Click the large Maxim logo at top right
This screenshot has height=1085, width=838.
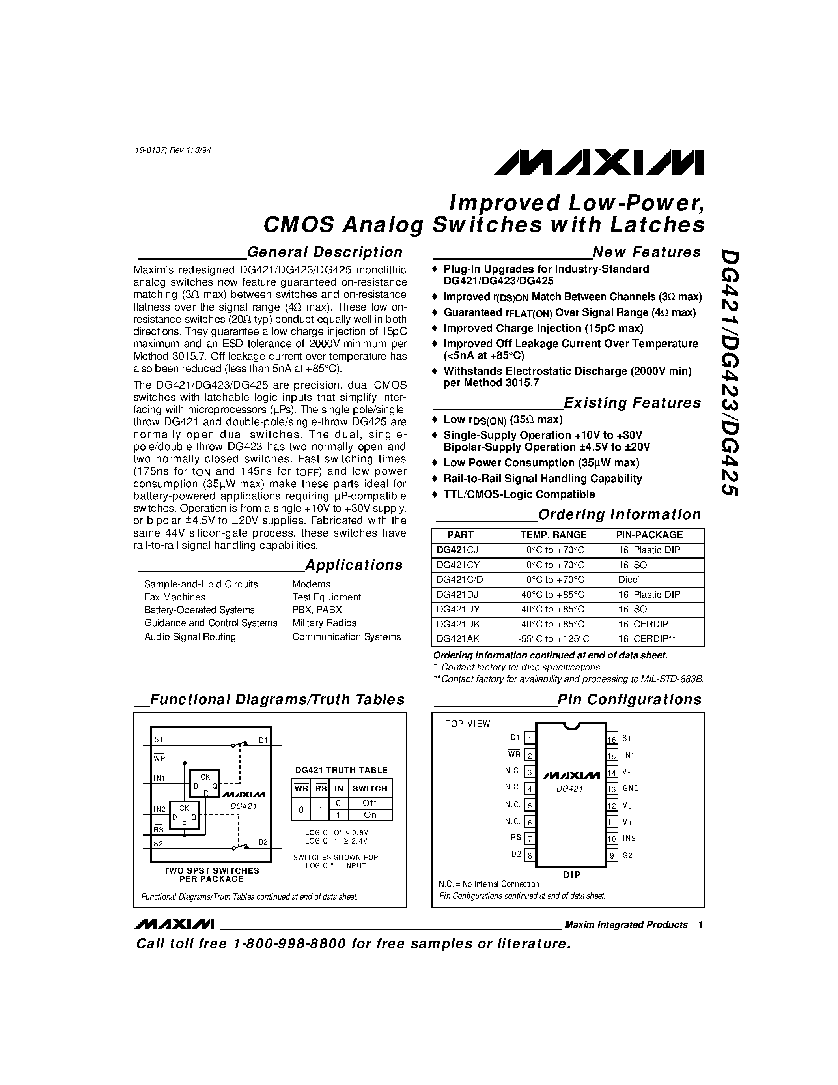[598, 163]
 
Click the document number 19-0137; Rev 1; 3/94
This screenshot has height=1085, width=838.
[173, 150]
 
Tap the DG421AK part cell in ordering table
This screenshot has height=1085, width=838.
[458, 639]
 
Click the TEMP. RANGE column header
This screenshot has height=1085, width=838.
[553, 535]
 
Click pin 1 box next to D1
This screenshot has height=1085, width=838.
[530, 739]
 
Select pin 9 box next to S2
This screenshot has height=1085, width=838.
[612, 855]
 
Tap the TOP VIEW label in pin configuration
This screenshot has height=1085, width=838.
[467, 724]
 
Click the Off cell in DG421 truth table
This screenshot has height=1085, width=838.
[370, 803]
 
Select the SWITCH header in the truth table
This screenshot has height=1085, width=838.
[370, 788]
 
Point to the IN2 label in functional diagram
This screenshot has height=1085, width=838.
[159, 809]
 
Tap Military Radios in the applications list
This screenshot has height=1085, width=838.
[324, 623]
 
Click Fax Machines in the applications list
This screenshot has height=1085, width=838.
[174, 597]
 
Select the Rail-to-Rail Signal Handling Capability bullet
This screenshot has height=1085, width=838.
[542, 479]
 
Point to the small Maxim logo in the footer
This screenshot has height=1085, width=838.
[174, 924]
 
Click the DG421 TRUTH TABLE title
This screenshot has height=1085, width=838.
[341, 770]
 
